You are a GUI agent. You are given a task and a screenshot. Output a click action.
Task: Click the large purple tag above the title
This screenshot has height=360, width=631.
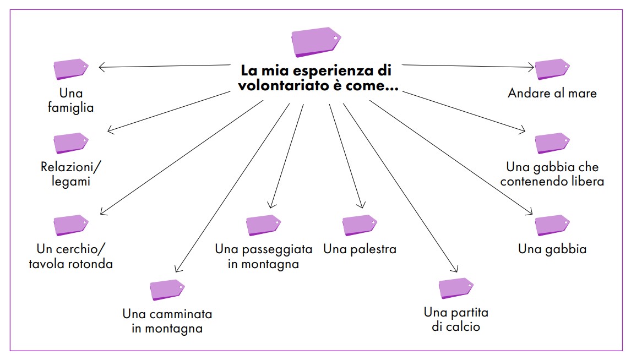(315, 42)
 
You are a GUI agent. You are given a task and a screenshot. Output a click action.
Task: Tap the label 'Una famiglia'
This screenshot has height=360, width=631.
(70, 100)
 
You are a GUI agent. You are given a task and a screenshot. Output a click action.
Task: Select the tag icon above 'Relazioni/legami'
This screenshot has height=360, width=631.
(70, 143)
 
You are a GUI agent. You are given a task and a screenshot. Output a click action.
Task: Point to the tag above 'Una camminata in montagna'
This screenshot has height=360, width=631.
(167, 290)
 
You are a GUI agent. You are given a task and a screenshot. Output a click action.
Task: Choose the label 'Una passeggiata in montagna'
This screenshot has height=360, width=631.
(264, 257)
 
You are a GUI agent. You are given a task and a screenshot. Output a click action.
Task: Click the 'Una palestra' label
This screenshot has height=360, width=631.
(360, 249)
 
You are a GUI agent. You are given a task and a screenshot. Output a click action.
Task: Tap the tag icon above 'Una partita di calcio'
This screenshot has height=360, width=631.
(456, 288)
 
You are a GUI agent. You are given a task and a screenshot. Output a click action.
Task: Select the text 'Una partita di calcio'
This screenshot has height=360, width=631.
(456, 320)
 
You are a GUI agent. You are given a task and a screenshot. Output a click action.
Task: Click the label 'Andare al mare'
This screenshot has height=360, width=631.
(552, 93)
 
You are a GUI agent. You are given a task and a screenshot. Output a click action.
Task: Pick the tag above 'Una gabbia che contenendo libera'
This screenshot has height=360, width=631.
(552, 143)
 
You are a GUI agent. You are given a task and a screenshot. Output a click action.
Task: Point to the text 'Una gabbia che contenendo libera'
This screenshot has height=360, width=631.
(552, 173)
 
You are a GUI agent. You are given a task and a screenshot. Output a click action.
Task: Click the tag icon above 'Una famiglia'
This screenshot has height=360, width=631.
(70, 69)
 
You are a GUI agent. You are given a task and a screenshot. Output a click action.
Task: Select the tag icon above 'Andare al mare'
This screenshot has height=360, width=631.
(552, 69)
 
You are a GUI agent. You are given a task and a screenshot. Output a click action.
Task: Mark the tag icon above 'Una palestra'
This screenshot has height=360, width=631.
(360, 225)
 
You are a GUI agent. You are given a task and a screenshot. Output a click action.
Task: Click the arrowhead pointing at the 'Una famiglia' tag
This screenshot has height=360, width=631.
(101, 68)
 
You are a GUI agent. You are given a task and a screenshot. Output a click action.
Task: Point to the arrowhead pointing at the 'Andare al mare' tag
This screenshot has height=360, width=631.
(531, 68)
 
